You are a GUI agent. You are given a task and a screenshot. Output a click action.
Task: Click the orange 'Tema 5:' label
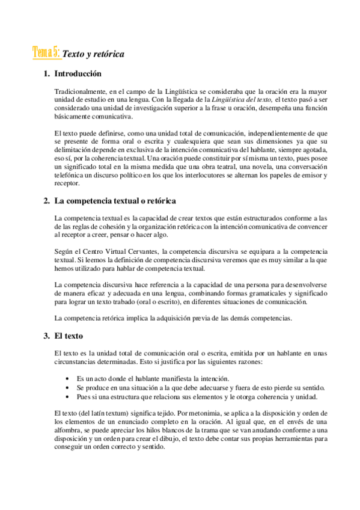(x=46, y=53)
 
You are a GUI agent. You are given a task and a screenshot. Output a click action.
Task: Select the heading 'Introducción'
(x=78, y=75)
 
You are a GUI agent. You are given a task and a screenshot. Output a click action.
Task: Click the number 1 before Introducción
(x=46, y=75)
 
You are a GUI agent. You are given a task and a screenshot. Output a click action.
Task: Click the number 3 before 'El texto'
(x=46, y=334)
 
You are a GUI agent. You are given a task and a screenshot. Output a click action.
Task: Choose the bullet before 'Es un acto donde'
(x=67, y=378)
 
